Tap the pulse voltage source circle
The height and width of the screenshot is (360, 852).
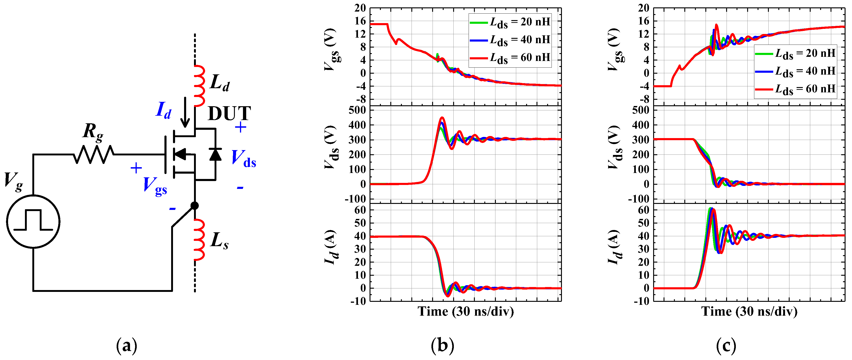(x=33, y=221)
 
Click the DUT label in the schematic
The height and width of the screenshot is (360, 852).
(x=229, y=114)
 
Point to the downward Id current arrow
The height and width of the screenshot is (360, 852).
(x=185, y=112)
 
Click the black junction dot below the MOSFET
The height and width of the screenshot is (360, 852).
(x=195, y=206)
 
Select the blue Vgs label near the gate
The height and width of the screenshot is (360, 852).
(x=155, y=186)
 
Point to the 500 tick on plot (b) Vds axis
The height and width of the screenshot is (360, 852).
(x=357, y=110)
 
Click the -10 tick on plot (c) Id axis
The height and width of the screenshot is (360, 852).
(x=641, y=301)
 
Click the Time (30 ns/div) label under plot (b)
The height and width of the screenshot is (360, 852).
(x=465, y=312)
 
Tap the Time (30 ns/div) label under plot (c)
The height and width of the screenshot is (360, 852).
(x=749, y=312)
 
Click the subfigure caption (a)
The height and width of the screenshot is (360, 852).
(x=126, y=346)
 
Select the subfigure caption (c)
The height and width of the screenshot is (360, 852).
(x=726, y=346)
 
